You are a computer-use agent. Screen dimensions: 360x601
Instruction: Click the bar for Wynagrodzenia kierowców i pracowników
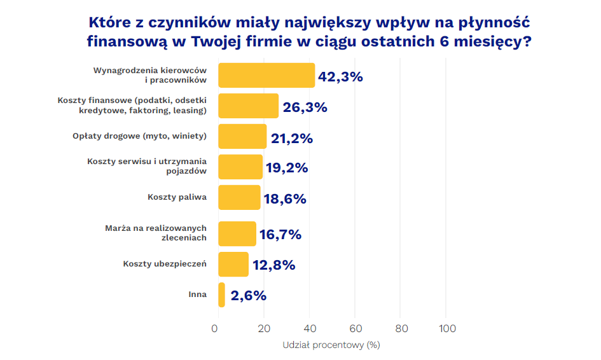tap(266, 75)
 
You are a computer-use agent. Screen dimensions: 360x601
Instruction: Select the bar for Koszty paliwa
tap(239, 197)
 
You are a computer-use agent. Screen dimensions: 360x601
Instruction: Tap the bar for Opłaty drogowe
tap(242, 136)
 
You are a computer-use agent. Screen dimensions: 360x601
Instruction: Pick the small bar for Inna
tap(221, 294)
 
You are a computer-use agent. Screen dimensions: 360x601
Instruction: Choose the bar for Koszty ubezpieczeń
tap(233, 264)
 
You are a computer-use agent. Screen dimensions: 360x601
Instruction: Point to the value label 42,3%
tap(340, 77)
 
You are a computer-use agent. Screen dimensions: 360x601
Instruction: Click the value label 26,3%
tap(305, 107)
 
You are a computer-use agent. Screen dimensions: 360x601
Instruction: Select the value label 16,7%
tap(280, 235)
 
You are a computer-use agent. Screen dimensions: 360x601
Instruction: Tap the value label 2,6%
tap(248, 295)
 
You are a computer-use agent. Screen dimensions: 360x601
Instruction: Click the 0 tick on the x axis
tap(214, 328)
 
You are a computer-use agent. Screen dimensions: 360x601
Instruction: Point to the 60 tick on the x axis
tap(356, 328)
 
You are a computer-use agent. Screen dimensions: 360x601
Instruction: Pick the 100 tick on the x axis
tap(447, 328)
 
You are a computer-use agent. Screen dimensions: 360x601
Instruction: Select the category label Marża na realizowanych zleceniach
tap(156, 233)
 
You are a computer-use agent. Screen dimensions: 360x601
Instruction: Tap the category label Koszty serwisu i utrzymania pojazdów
tap(147, 166)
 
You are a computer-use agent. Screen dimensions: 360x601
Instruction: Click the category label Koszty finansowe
tap(132, 106)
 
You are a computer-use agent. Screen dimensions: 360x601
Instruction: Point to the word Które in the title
tap(111, 24)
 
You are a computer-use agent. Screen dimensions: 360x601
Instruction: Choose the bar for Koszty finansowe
tap(248, 106)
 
